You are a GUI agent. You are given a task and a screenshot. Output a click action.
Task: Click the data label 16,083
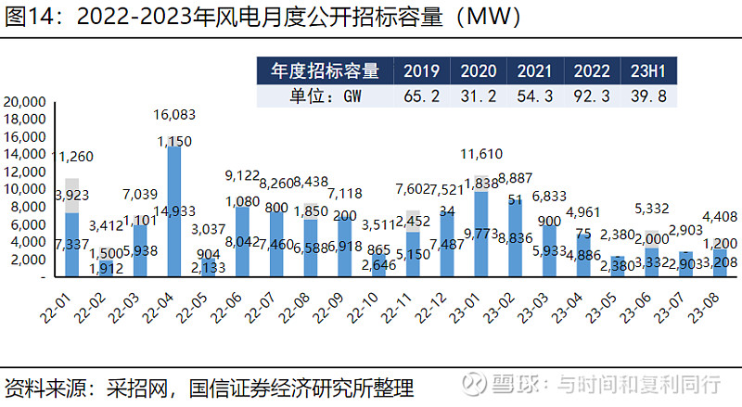point(174,115)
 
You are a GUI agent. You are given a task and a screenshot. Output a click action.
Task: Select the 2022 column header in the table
point(591,71)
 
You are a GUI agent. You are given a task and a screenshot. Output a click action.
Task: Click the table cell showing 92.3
point(591,96)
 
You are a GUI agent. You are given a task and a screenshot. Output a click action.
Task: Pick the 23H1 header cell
point(648,71)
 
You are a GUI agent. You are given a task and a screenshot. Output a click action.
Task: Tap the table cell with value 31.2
point(479,96)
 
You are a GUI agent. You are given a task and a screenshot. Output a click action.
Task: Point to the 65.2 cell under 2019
point(422,96)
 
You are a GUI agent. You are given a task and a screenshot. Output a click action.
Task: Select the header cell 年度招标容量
point(324,71)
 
